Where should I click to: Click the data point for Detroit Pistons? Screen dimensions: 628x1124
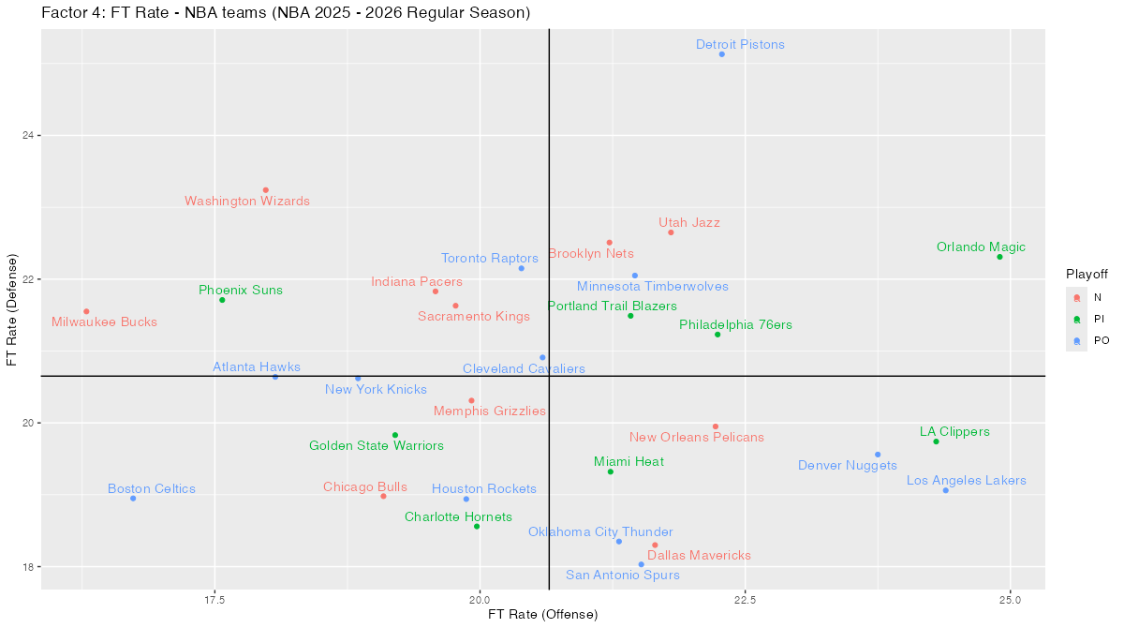point(721,54)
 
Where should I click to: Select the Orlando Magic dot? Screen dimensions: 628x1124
point(999,257)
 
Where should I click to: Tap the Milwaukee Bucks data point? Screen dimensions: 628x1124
point(86,311)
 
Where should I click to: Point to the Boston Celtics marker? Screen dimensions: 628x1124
point(133,499)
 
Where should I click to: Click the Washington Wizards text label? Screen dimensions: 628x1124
point(247,202)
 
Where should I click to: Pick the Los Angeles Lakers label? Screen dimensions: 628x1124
point(967,481)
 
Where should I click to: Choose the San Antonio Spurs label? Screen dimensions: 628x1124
point(623,576)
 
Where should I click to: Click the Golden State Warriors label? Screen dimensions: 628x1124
point(377,446)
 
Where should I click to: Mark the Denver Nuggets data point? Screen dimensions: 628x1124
point(878,455)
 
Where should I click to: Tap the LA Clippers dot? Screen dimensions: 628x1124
point(936,441)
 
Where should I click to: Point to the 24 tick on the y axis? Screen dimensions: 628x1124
point(28,136)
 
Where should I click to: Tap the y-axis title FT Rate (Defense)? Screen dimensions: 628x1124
point(12,308)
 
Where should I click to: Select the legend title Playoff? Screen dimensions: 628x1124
point(1087,274)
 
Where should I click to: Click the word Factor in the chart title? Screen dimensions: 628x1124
point(63,13)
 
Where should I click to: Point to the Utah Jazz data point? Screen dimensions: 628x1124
point(671,232)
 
